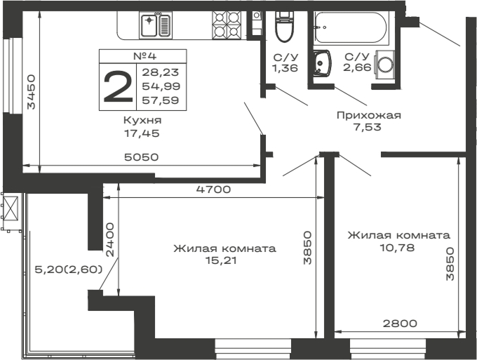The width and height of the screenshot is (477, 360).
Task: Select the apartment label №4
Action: click(x=144, y=56)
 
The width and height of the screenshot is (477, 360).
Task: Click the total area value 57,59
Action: click(x=160, y=100)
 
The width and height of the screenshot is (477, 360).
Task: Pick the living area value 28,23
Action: click(x=160, y=72)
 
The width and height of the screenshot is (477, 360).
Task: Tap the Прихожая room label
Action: click(x=368, y=115)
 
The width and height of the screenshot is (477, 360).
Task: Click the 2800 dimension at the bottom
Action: click(x=400, y=324)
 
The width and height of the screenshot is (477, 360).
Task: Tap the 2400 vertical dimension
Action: click(x=109, y=239)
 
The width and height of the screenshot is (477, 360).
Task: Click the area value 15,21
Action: click(x=224, y=261)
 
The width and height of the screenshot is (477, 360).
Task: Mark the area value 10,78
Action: click(x=398, y=248)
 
